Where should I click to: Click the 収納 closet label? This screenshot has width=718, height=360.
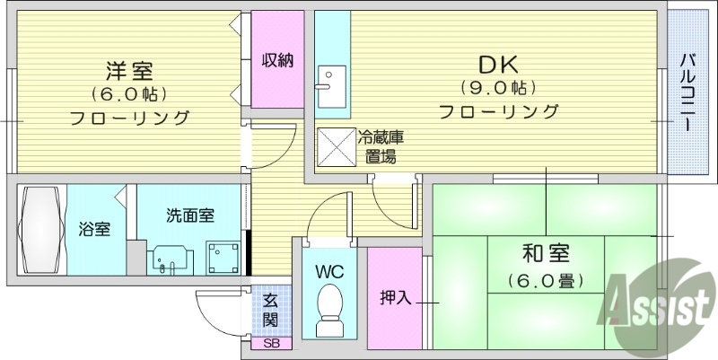coord(277,61)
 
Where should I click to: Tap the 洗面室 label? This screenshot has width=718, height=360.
coord(189,215)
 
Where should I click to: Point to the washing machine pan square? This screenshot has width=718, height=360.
coord(222,259)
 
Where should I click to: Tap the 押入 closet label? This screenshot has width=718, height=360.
coord(394,297)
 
